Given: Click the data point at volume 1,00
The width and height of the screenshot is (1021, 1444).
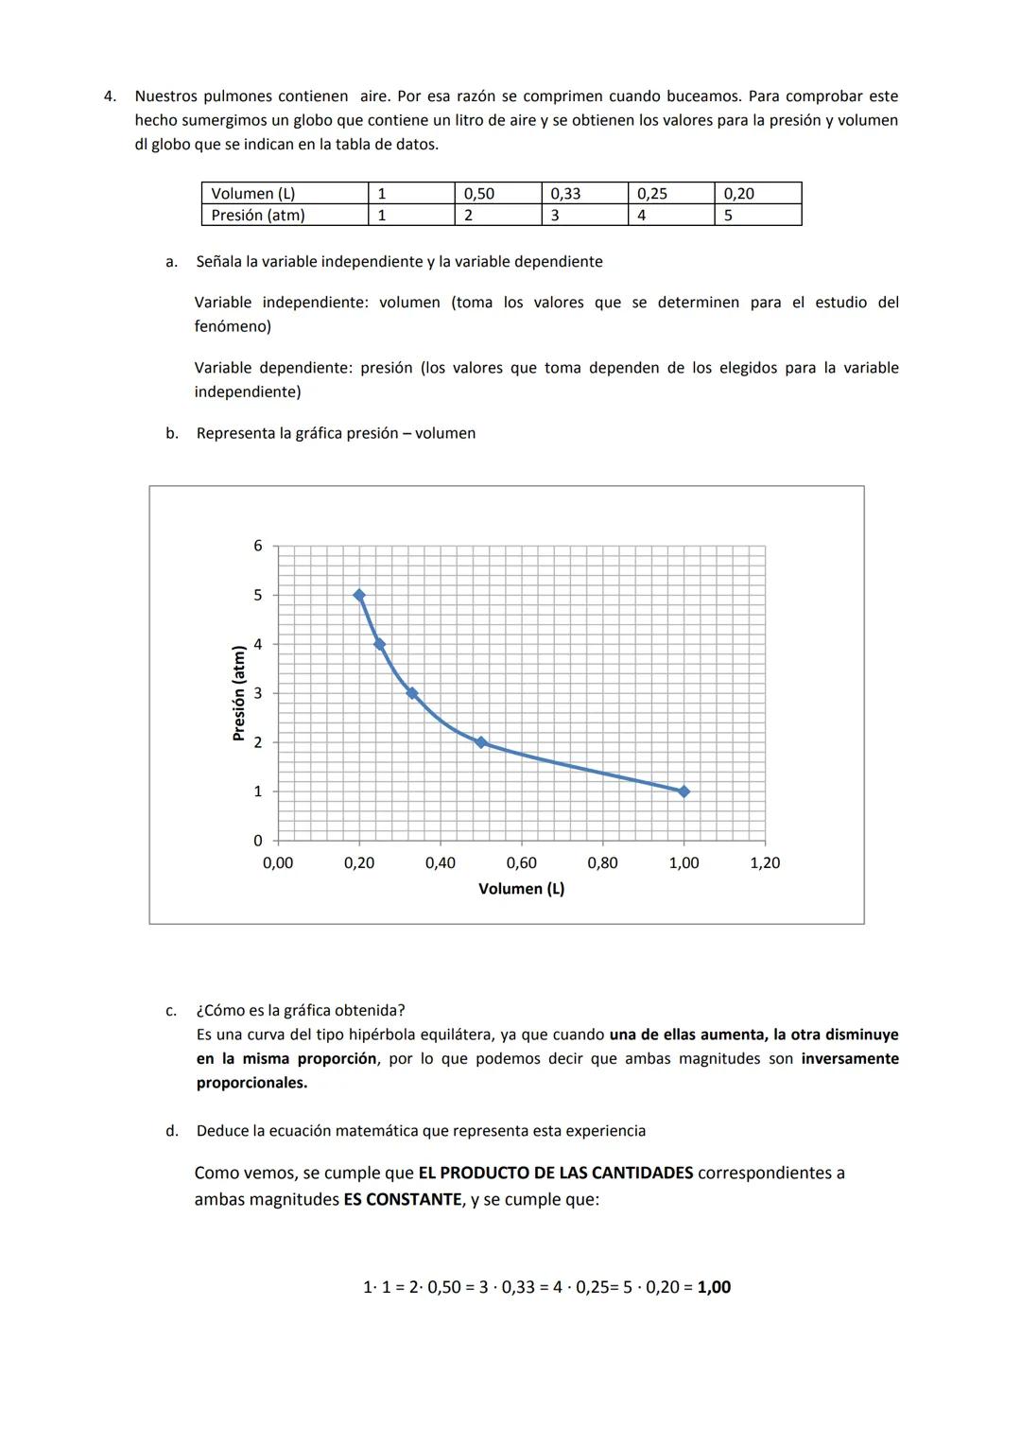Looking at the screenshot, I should (684, 792).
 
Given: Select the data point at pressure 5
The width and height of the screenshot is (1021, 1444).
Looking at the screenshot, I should (359, 595).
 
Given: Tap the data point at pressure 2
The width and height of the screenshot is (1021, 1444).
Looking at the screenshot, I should (480, 742).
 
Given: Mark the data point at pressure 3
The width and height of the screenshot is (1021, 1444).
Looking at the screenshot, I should (412, 693).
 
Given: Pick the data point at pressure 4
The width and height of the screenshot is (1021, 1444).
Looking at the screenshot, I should (379, 644).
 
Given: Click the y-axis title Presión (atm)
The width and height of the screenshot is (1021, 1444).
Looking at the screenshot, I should (239, 693).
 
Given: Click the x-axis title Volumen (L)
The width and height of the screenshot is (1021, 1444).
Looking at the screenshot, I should (521, 889).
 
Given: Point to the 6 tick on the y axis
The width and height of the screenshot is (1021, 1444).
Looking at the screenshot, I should (257, 546).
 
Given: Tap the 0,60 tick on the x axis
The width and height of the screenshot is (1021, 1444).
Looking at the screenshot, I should (521, 862).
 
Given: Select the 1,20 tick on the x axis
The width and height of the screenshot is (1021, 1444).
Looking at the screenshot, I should (765, 862).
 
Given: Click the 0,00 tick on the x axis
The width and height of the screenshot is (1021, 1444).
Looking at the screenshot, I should (278, 862).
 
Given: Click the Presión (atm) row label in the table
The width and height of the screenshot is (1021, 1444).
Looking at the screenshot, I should (258, 216).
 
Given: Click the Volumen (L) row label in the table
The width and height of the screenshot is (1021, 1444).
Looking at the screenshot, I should (253, 194).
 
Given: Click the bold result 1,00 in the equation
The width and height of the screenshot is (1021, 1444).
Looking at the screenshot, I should (714, 1287).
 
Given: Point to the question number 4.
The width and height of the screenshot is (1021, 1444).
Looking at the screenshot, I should (110, 96).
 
